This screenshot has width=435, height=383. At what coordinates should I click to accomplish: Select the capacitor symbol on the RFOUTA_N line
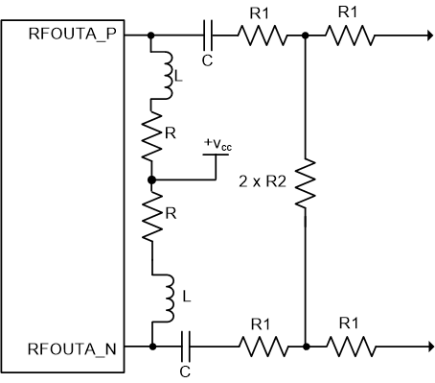click(x=188, y=346)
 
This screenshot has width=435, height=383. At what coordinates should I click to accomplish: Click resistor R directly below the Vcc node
click(x=151, y=220)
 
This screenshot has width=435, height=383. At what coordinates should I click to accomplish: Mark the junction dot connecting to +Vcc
click(x=151, y=179)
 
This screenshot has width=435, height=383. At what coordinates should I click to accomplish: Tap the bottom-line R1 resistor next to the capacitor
click(x=261, y=346)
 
